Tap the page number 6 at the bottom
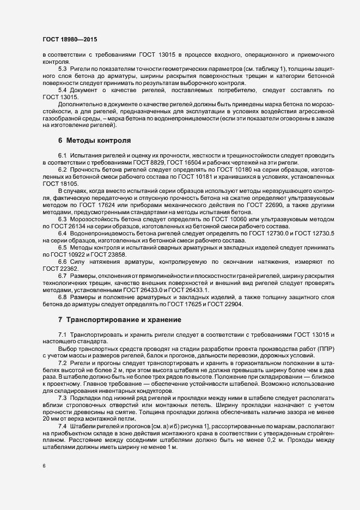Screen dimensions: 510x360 tap(44, 465)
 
